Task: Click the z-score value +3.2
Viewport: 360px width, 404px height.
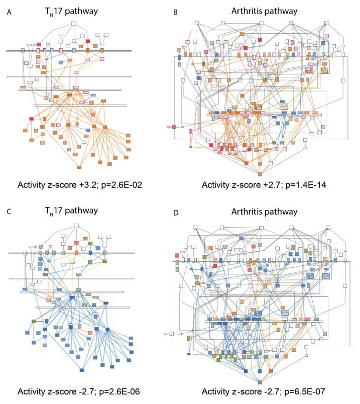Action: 88,184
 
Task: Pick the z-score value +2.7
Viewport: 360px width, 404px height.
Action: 263,184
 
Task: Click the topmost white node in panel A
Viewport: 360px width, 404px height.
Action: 73,23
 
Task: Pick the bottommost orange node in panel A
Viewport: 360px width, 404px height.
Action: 79,167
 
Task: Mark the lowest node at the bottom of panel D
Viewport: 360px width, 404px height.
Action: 260,383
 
